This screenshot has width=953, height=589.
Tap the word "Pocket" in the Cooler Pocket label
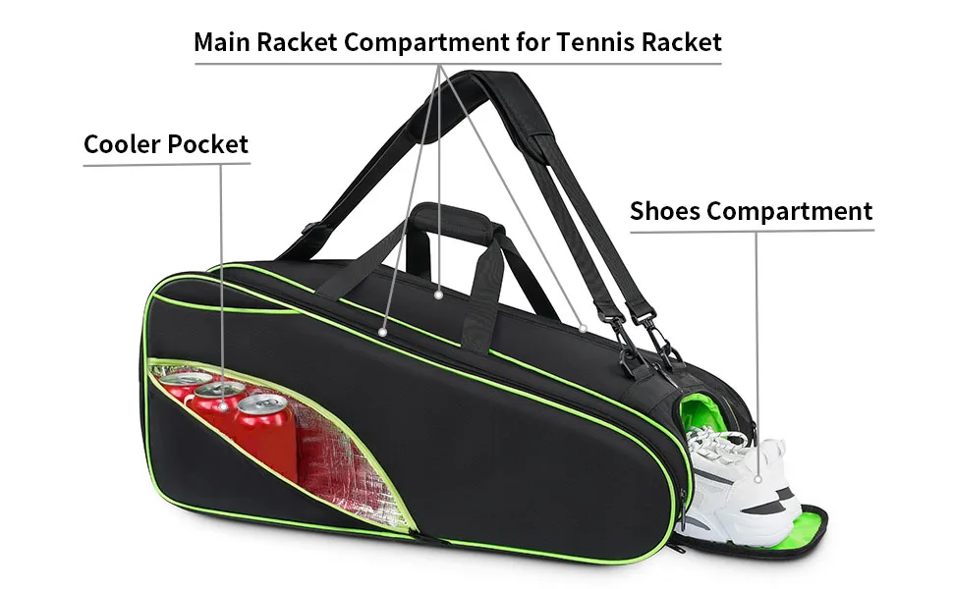pos(208,145)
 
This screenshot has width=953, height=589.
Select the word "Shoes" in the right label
pos(665,211)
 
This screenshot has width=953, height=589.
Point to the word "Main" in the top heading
pos(220,42)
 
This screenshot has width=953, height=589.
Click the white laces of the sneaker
pos(712,447)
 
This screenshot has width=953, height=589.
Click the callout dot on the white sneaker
pos(759,480)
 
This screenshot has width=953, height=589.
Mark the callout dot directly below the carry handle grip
pos(440,292)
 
